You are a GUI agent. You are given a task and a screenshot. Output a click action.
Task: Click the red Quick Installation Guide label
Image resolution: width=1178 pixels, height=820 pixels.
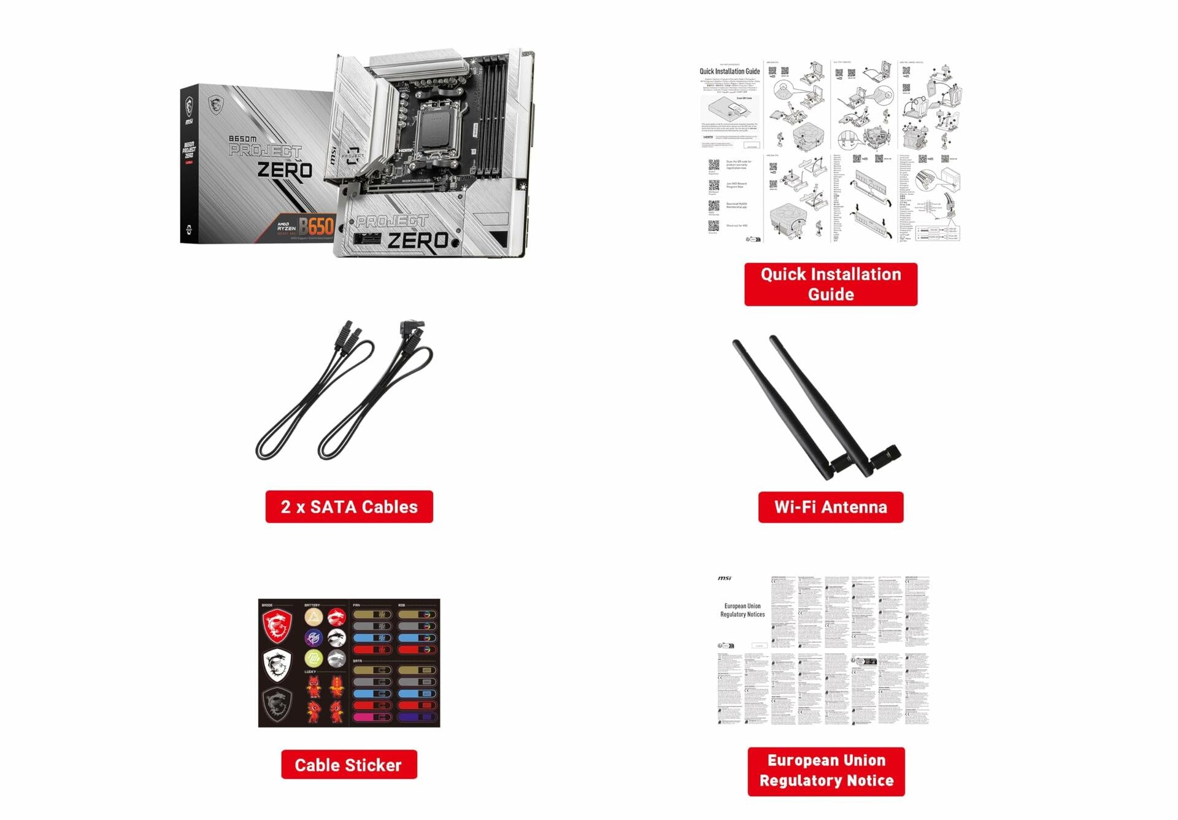pos(831,284)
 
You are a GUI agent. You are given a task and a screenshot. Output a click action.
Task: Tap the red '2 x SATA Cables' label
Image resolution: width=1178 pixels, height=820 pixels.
pos(349,506)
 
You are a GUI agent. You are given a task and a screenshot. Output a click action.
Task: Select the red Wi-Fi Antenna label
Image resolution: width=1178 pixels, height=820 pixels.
pos(830,507)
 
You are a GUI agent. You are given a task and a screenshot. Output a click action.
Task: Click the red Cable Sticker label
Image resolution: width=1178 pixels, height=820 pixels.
pos(348,765)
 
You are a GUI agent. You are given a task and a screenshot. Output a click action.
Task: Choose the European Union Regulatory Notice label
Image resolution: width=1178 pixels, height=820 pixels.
pos(826,771)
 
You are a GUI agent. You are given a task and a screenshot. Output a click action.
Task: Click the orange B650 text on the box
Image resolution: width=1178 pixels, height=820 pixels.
pos(317,226)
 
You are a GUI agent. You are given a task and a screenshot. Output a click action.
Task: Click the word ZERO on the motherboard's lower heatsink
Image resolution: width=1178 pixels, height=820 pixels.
pos(418,240)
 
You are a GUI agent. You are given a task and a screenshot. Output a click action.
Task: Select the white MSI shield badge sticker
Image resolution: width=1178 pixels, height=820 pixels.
pos(277,664)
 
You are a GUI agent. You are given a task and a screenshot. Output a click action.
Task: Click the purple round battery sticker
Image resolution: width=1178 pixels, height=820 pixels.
pos(314,638)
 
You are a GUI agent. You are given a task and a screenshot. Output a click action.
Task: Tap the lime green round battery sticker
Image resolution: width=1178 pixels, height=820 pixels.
pos(314,659)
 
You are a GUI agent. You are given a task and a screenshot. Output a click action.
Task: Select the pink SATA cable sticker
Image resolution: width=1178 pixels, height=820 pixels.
pos(372,717)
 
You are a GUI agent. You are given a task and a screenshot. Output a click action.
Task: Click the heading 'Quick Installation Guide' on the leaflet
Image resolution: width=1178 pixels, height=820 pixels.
pos(730,71)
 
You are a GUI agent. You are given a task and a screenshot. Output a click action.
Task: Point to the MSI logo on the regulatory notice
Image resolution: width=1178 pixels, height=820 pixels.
pos(725,578)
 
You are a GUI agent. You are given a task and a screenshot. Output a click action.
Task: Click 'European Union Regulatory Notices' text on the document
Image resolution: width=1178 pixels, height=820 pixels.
pos(742,610)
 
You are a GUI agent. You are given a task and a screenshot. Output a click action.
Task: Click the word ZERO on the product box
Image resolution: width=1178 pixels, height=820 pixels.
pos(284,170)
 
